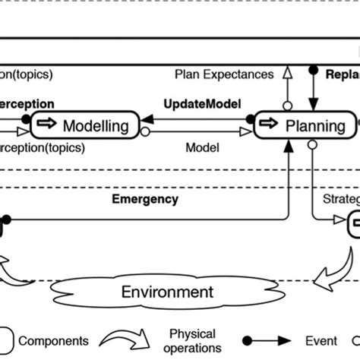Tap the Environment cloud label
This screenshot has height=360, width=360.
point(169,292)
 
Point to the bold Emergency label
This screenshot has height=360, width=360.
point(145,199)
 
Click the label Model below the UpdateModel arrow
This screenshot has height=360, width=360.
point(203,147)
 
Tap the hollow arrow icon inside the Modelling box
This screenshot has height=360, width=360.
point(48,125)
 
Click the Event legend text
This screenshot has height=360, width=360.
point(321,342)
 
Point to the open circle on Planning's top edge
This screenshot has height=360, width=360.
point(288,107)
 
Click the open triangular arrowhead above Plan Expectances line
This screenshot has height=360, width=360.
point(288,73)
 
